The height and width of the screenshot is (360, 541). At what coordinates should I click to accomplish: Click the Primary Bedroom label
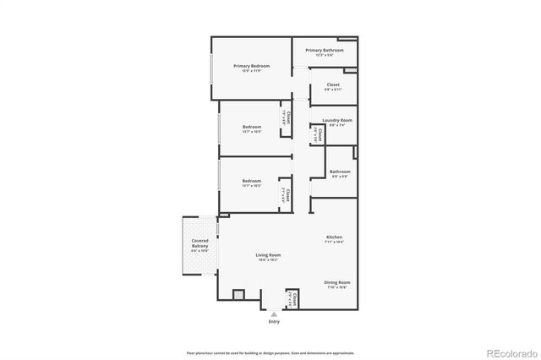point(252,66)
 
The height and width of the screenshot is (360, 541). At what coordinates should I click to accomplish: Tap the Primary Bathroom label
point(325,50)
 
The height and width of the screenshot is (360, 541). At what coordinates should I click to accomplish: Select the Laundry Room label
point(336,121)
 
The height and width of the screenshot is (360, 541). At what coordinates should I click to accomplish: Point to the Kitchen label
point(335,237)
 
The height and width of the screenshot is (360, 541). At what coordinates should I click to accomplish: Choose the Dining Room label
point(337,282)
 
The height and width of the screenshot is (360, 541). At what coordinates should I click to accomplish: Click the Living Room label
point(269,254)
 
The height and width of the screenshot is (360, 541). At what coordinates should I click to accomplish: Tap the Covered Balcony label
point(199,243)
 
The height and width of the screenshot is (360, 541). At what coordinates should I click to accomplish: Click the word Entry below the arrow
point(274,322)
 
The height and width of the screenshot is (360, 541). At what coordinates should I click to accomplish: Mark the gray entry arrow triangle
point(274,314)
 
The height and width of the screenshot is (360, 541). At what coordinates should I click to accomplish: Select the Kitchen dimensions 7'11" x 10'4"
point(335,243)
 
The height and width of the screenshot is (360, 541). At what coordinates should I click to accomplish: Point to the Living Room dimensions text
point(269,259)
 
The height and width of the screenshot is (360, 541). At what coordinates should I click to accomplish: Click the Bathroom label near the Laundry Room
point(341,172)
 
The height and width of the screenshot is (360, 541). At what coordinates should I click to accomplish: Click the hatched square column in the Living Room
point(238,295)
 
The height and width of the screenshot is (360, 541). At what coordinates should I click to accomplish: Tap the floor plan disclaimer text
point(270,352)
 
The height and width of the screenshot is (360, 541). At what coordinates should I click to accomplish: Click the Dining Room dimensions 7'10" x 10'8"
point(337,287)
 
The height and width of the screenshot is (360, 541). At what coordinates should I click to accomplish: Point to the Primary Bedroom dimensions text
point(252,71)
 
